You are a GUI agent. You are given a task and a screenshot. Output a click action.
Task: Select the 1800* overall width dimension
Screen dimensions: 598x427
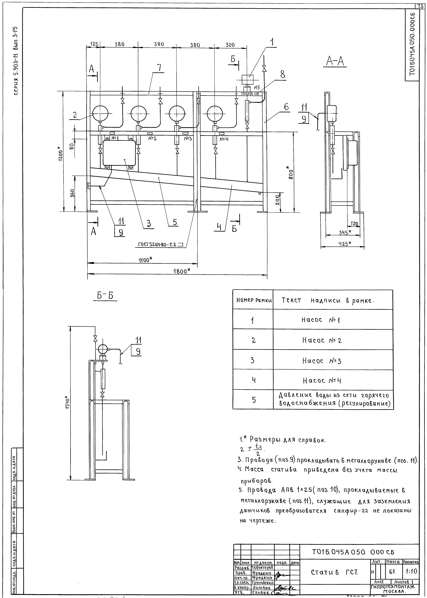pos(181,271)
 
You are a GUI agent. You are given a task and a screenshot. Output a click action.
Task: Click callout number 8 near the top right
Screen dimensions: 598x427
pos(282,75)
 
